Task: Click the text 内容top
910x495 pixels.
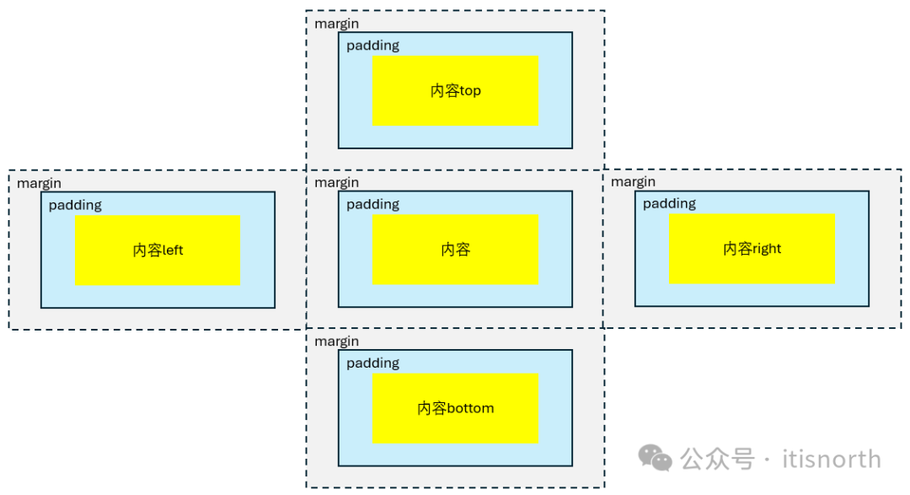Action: pos(455,91)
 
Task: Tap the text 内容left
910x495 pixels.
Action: pos(158,250)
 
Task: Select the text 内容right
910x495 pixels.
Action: pos(752,249)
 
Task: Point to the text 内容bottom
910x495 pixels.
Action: pos(455,408)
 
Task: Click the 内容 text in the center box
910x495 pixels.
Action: pos(455,250)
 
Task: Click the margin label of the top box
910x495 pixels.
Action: pos(336,24)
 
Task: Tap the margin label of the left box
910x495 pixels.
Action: pos(39,183)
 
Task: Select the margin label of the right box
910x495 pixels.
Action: pos(633,182)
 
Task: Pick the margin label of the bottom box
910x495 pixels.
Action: pos(336,342)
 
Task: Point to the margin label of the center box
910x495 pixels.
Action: pos(336,183)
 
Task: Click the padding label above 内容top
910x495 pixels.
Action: pos(372,46)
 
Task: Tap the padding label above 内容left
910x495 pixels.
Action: pos(75,205)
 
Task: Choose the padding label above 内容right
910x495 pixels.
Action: pos(669,204)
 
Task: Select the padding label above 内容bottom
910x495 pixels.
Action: pos(372,363)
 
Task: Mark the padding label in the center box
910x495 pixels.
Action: pos(372,205)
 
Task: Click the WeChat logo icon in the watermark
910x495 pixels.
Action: pos(655,458)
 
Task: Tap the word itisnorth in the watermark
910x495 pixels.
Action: pos(831,460)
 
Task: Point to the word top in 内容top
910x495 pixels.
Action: pos(470,91)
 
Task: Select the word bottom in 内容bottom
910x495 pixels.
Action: pos(470,408)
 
